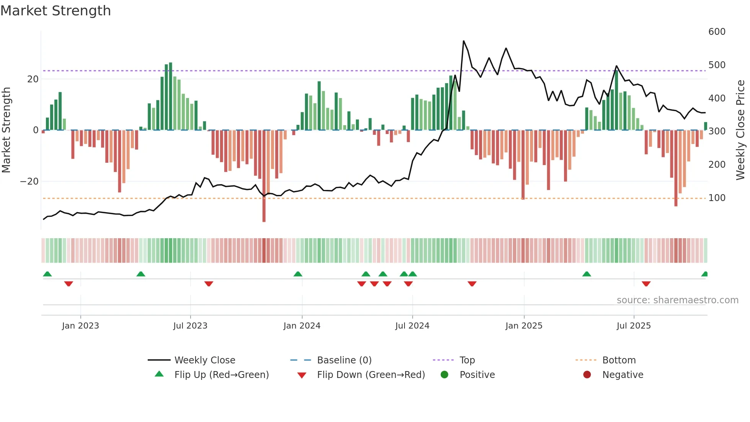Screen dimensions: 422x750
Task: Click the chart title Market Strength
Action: tap(55, 11)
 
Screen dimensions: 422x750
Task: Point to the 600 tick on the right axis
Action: tap(717, 32)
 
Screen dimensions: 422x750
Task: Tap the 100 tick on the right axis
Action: tap(717, 198)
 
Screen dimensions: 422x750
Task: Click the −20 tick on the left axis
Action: tap(29, 182)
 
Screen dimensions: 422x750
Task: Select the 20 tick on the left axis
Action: tap(33, 79)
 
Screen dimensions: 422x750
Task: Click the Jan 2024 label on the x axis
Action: tap(302, 326)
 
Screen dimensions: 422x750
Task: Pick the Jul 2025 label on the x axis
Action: tap(634, 326)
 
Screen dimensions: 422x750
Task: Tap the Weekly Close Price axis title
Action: tap(740, 130)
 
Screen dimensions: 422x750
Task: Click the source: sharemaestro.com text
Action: tap(677, 300)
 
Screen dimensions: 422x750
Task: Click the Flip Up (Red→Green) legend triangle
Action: tap(159, 374)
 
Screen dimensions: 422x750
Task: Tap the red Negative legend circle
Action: tap(587, 375)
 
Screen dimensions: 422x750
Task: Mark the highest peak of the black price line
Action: tap(463, 41)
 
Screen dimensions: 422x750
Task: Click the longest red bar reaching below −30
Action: tap(264, 176)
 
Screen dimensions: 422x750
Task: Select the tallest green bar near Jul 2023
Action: tap(171, 96)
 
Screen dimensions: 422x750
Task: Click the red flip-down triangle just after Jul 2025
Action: tap(646, 284)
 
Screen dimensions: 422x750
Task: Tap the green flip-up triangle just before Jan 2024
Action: tap(298, 274)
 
